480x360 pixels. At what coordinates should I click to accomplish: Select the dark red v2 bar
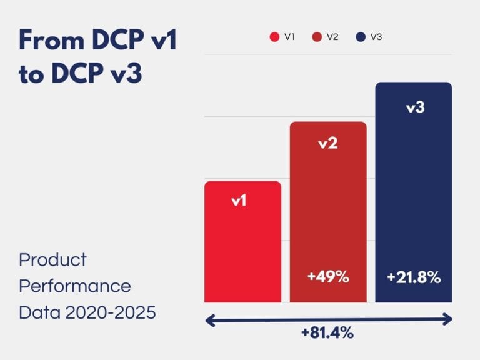[328, 212]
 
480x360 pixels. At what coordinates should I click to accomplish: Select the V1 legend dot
[274, 37]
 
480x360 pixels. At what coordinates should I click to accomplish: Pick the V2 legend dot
[317, 37]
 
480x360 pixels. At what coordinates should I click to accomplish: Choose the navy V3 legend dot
[361, 37]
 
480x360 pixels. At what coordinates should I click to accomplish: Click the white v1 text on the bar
[239, 201]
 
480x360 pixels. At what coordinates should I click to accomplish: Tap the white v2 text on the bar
[328, 143]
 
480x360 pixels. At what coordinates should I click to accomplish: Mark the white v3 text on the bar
[416, 107]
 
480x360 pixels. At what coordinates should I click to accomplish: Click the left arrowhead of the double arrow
[211, 320]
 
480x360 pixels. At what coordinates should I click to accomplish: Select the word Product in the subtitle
[53, 261]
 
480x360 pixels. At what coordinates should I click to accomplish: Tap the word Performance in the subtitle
[75, 286]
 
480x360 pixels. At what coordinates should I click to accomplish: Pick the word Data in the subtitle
[34, 312]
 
